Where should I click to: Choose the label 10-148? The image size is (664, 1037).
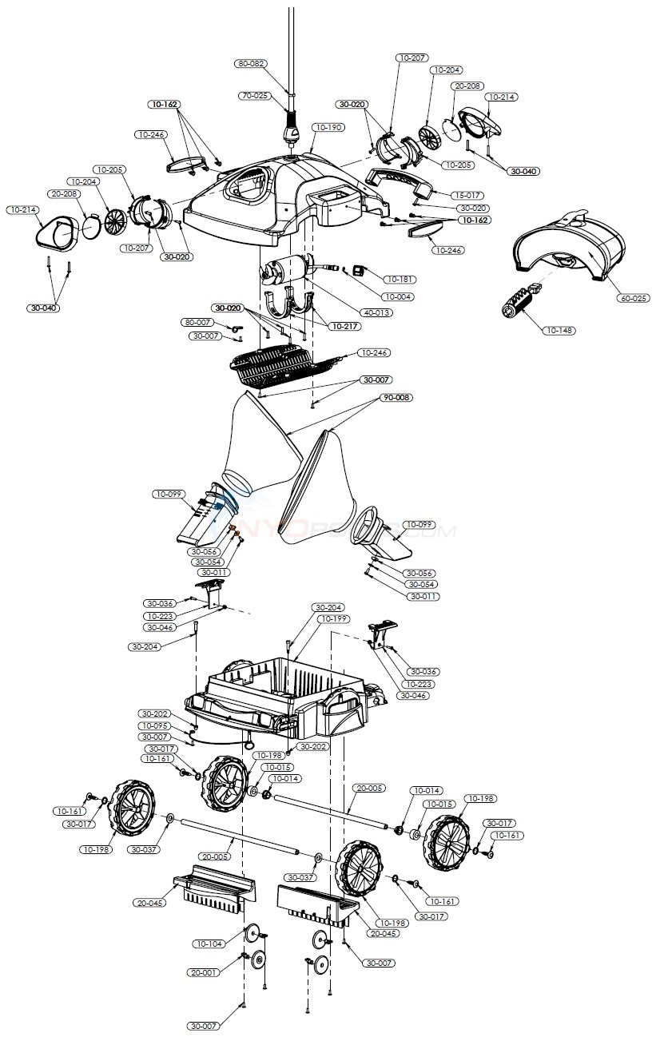tap(562, 329)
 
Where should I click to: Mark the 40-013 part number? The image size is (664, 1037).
tap(377, 312)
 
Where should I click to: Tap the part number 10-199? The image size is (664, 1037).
tap(333, 618)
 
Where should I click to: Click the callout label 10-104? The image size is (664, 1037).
tap(209, 944)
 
